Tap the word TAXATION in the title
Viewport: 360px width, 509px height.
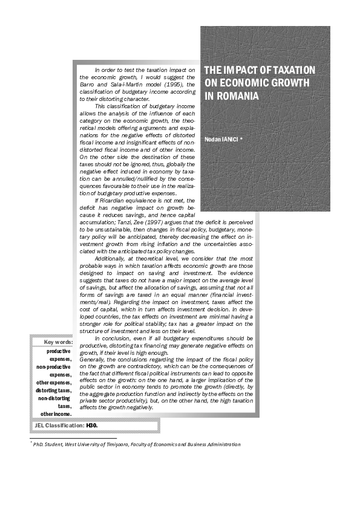click(289, 70)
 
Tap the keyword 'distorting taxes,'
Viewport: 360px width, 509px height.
click(53, 390)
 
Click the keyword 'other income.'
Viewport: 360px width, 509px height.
click(56, 413)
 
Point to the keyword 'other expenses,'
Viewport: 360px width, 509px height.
click(53, 382)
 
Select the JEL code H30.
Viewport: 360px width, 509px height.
click(92, 426)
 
